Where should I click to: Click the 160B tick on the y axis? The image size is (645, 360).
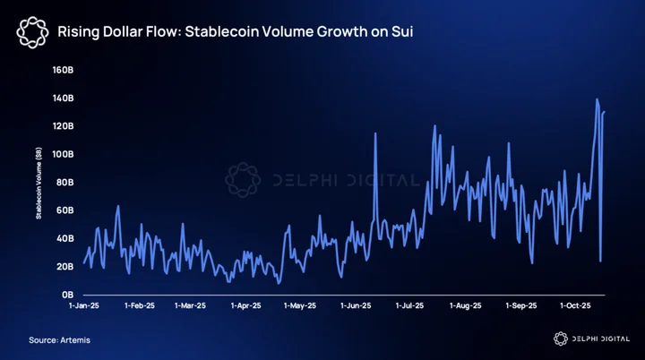point(63,70)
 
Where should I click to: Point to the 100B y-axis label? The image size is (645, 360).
point(63,154)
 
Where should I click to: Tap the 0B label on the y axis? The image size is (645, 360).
point(68,295)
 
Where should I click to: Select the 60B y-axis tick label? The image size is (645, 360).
point(65,210)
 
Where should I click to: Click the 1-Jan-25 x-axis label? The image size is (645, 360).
point(84,305)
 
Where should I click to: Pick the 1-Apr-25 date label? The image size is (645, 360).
point(245,305)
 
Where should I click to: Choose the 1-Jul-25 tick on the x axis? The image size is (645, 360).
point(409,305)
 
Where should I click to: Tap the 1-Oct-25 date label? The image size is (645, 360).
point(575,305)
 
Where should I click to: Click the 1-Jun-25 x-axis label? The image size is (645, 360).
point(356,305)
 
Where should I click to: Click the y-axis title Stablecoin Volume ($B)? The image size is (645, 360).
point(39,183)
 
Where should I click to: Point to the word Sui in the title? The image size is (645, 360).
point(402,31)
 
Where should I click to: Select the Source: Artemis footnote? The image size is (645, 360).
point(59,340)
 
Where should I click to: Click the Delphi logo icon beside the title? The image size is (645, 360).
point(32,32)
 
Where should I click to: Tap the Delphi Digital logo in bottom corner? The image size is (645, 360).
point(591,339)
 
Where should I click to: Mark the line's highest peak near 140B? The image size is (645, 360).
point(597,99)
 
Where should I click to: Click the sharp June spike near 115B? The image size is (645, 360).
point(375,133)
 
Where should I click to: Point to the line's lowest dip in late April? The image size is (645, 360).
point(279,283)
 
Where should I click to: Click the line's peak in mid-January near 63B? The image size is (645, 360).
point(118,206)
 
